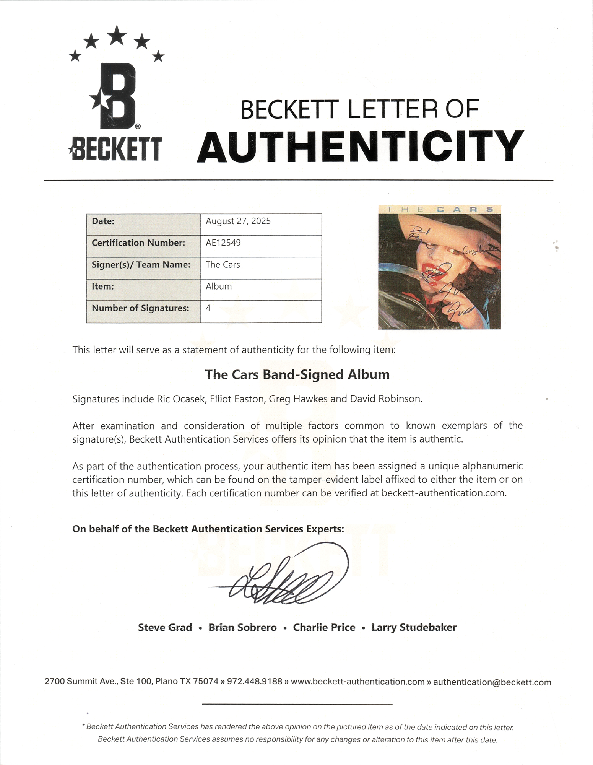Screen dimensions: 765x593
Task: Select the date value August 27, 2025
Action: click(x=238, y=221)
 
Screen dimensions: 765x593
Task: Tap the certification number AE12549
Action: click(x=223, y=243)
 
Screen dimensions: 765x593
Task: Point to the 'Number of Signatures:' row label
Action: click(x=140, y=308)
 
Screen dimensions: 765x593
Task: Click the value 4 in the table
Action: click(x=208, y=308)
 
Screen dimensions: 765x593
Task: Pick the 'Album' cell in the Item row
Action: click(x=219, y=286)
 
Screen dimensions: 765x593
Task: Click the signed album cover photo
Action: click(x=439, y=267)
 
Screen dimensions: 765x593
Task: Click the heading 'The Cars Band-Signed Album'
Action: click(x=297, y=374)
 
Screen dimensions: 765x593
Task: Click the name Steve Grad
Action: click(x=165, y=628)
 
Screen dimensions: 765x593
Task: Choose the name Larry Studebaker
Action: click(x=414, y=628)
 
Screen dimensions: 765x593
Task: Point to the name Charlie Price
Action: click(x=324, y=628)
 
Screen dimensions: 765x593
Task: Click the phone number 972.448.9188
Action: click(x=254, y=682)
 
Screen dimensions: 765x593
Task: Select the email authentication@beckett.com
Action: click(x=492, y=682)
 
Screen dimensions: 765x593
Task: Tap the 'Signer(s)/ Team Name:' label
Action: click(x=141, y=265)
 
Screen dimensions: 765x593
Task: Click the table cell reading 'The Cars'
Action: click(x=223, y=265)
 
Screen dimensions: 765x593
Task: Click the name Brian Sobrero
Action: click(x=242, y=628)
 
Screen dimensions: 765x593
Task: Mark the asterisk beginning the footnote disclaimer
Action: click(x=83, y=726)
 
